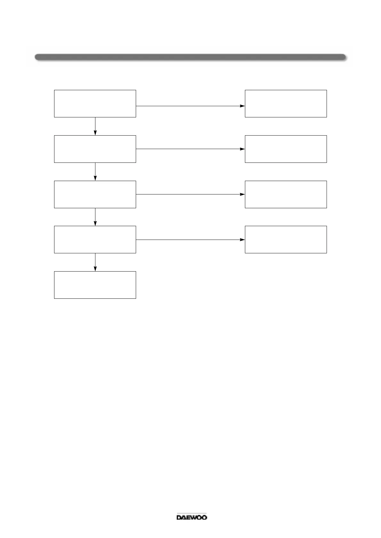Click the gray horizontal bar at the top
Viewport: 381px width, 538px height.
click(x=190, y=57)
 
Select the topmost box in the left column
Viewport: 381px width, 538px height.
click(x=95, y=104)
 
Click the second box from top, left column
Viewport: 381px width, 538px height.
click(x=95, y=149)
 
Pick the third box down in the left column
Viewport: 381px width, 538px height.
click(x=95, y=194)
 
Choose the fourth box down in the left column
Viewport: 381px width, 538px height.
click(x=95, y=240)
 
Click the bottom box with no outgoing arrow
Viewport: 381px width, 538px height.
click(x=95, y=285)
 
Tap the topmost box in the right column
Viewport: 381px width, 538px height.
click(x=286, y=104)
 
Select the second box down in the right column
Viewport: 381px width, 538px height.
click(x=286, y=149)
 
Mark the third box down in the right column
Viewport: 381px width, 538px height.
click(x=286, y=194)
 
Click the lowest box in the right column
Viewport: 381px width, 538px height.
click(x=286, y=240)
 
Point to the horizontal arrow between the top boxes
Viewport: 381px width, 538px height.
click(x=190, y=106)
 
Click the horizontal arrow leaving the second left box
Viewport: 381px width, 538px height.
click(x=190, y=149)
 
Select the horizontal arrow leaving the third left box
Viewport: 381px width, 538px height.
click(x=190, y=194)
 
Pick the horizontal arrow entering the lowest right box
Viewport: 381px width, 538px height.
click(x=190, y=240)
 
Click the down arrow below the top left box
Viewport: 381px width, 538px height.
click(x=95, y=126)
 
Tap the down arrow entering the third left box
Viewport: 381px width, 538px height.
click(x=95, y=172)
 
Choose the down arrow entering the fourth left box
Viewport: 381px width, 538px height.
click(x=95, y=217)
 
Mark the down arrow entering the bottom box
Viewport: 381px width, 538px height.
click(x=95, y=262)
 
